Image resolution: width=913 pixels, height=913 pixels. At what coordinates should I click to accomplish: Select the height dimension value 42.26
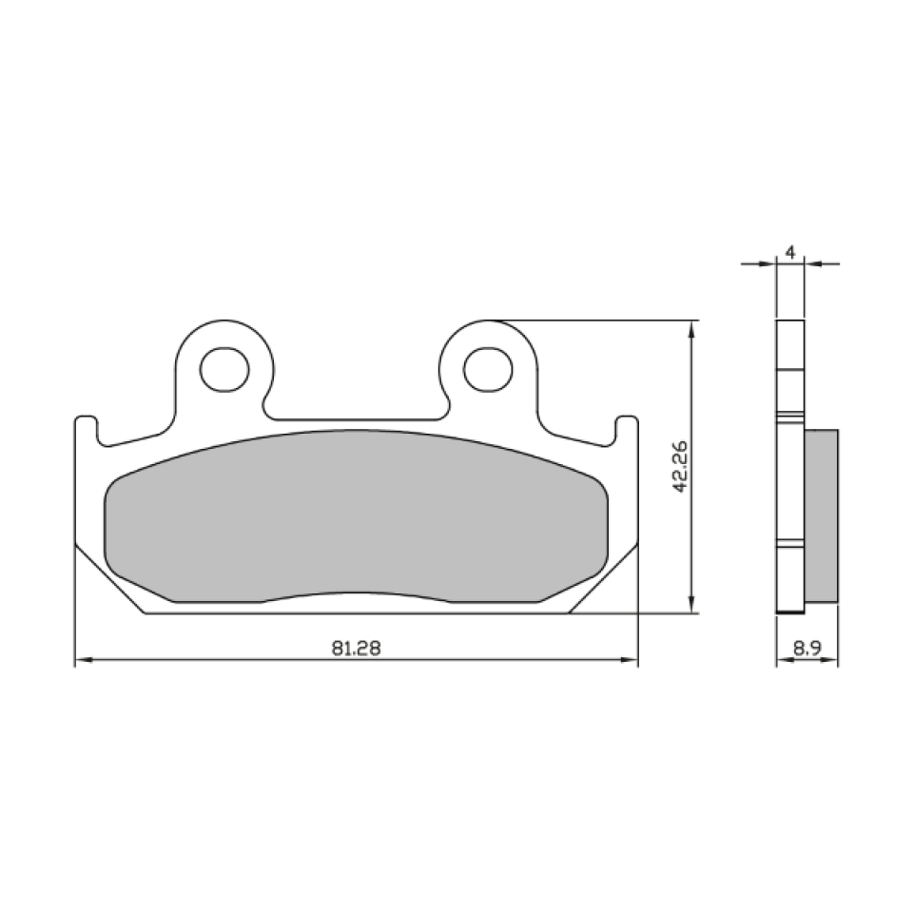pos(679,466)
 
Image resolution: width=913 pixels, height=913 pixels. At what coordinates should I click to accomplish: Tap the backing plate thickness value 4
pos(791,252)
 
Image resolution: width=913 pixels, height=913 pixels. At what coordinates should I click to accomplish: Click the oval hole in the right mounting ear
pos(489,367)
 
